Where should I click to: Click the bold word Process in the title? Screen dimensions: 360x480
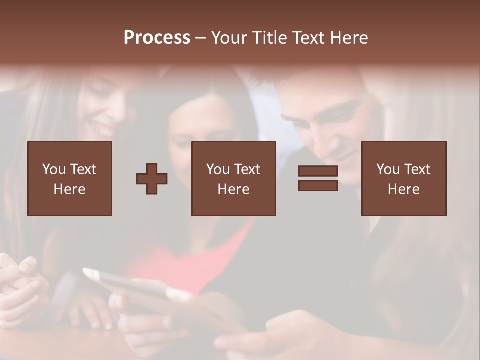157,38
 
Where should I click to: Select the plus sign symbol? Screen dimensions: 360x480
152,179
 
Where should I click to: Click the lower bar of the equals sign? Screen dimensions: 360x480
318,186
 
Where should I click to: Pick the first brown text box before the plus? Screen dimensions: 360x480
70,179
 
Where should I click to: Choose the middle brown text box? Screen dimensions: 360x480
234,179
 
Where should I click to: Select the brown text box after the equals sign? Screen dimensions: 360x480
404,179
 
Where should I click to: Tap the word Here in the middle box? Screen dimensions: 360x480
234,189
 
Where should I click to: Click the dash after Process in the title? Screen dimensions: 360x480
201,38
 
